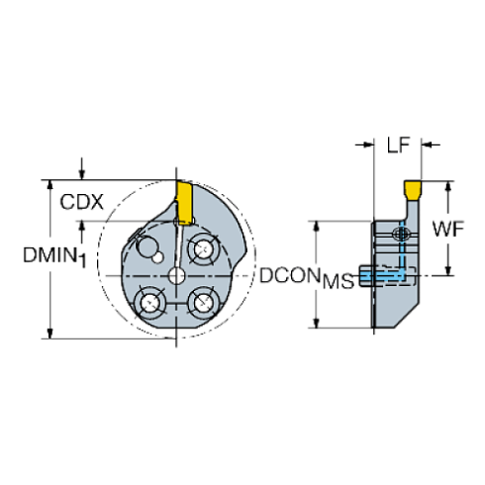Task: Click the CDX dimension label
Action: [79, 203]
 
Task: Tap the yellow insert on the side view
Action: [411, 187]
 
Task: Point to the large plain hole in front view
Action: [147, 245]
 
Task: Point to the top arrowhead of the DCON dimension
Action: [316, 224]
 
